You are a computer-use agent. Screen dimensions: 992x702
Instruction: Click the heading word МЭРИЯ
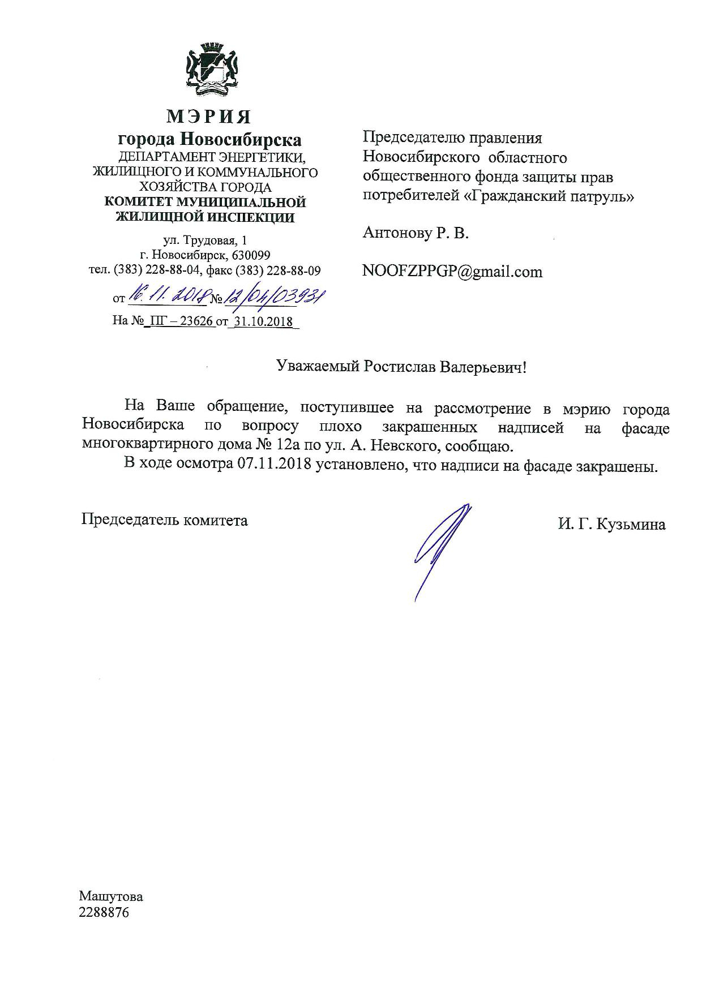point(209,117)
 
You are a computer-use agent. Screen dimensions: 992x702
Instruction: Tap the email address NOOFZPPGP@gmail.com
point(452,272)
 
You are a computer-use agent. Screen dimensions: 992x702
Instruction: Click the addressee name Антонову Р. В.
point(416,233)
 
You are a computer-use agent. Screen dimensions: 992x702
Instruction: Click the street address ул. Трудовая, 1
point(205,241)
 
